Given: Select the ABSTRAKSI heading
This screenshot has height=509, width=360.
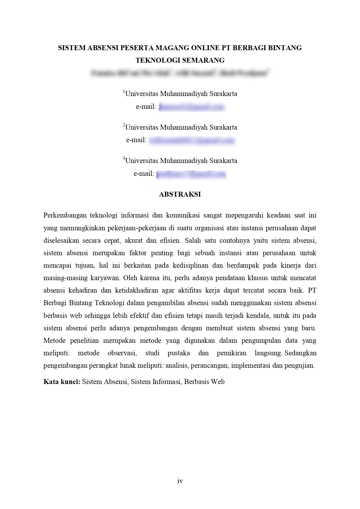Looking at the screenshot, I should pos(180,194).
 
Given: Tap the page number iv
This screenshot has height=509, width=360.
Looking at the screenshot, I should pos(180,481).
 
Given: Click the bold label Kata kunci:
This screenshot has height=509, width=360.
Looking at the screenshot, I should pos(62,382).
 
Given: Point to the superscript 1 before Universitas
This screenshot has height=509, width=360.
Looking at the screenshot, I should pos(124,92).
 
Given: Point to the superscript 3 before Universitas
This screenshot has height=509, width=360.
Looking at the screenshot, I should pos(124,159).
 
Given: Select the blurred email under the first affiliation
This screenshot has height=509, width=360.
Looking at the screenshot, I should pos(192,107).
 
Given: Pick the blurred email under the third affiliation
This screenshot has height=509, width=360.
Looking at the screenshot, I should pos(191,174).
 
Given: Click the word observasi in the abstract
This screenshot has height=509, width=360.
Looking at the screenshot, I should pos(122,353).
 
